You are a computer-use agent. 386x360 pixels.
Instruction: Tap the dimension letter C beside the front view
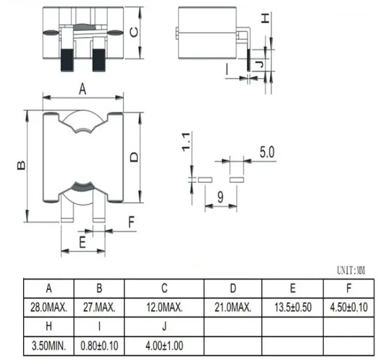[135, 34]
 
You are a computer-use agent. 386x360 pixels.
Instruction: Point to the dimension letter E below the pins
[83, 241]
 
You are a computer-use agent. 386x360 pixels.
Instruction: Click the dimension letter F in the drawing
[132, 223]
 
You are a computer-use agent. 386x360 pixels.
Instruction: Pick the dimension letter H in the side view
[265, 18]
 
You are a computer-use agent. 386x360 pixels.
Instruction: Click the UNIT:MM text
[351, 271]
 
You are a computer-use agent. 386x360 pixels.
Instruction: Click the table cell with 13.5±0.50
[292, 308]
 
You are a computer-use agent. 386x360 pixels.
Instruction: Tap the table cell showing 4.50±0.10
[349, 308]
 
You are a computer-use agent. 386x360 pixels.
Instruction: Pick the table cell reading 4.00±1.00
[163, 345]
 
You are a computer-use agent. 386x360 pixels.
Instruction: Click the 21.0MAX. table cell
[233, 308]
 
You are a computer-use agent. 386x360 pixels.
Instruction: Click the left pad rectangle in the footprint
[205, 178]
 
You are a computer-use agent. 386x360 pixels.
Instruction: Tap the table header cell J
[164, 326]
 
